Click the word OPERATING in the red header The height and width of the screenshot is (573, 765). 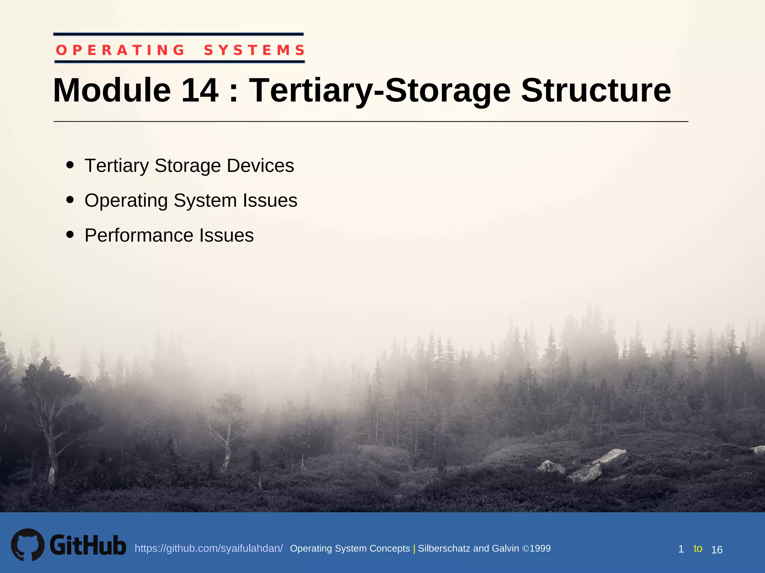(x=120, y=50)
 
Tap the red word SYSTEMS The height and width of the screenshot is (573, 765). (x=254, y=50)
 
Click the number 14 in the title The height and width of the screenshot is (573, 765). (x=200, y=90)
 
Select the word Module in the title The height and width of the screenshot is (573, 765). (x=112, y=90)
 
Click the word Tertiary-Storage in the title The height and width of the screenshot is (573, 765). (x=380, y=90)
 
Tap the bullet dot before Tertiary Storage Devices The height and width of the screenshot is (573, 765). (x=70, y=165)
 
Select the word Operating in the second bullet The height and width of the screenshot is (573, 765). (x=126, y=200)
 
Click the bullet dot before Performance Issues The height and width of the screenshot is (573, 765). (x=70, y=235)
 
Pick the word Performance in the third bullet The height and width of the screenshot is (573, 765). (x=139, y=235)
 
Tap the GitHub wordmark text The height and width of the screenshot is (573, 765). (x=88, y=545)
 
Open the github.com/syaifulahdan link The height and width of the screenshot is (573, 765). (x=208, y=548)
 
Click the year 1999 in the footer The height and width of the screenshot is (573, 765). (x=540, y=548)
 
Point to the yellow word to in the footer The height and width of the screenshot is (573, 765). (x=698, y=548)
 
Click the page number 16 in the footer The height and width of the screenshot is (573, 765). (x=716, y=550)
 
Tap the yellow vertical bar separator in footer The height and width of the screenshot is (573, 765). (x=414, y=549)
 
